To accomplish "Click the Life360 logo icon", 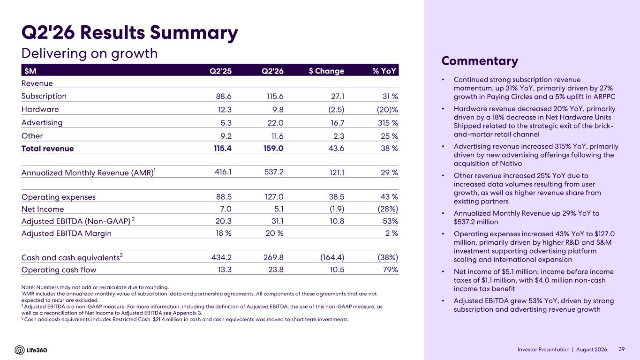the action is (x=20, y=350).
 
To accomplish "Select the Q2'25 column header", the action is (x=220, y=71).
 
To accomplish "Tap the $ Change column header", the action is (x=326, y=71).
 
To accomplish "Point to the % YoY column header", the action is (x=384, y=71).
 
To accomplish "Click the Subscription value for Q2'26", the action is (x=275, y=96).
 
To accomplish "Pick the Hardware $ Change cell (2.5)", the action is (x=336, y=110).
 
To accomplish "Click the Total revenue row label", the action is (x=48, y=149).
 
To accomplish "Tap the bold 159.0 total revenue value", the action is (x=273, y=148).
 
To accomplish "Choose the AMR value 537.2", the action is (x=274, y=172).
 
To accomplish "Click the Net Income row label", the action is (x=43, y=209).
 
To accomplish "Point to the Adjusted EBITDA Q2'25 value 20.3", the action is (x=224, y=221).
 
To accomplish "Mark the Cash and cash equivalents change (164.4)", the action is (x=332, y=257).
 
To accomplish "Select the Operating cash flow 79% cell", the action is (x=391, y=270).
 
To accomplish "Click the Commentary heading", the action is (x=480, y=61).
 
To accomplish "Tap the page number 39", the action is (x=622, y=349).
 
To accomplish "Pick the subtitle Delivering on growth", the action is (x=90, y=53).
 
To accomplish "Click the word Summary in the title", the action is (x=194, y=33).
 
